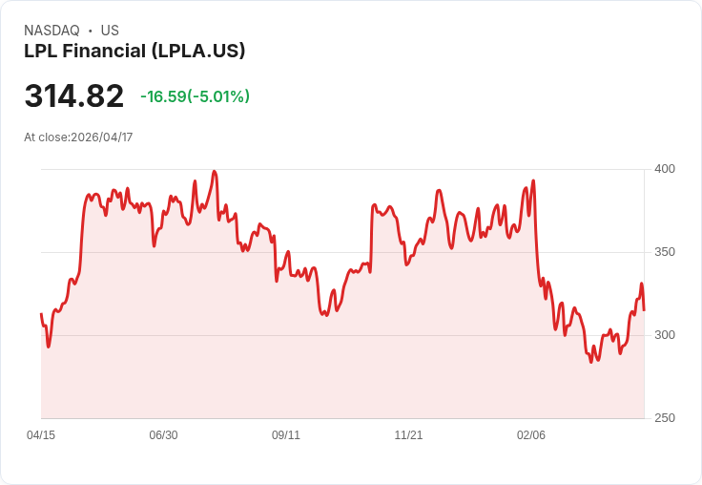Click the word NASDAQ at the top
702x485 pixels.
click(x=52, y=31)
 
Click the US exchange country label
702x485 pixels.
click(x=110, y=31)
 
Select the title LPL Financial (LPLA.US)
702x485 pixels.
click(x=134, y=51)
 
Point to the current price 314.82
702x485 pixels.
click(x=73, y=96)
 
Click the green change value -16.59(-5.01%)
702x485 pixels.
click(x=195, y=96)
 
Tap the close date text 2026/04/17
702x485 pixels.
click(x=101, y=137)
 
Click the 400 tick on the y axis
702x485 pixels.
click(x=664, y=169)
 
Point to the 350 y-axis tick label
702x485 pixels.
click(x=664, y=252)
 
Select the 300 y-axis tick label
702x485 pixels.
click(x=664, y=335)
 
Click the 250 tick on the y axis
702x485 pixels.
click(x=664, y=418)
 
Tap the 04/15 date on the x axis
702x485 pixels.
click(x=41, y=435)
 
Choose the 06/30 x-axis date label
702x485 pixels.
click(x=163, y=435)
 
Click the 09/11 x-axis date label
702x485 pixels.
click(x=286, y=435)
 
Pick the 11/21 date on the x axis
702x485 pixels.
click(x=408, y=435)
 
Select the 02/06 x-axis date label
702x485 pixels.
click(x=531, y=435)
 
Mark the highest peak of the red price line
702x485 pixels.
click(x=215, y=172)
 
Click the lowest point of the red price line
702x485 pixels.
click(x=591, y=362)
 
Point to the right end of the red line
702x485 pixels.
click(x=644, y=310)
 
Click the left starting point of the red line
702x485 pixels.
click(x=41, y=314)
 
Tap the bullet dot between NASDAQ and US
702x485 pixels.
click(x=90, y=31)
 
